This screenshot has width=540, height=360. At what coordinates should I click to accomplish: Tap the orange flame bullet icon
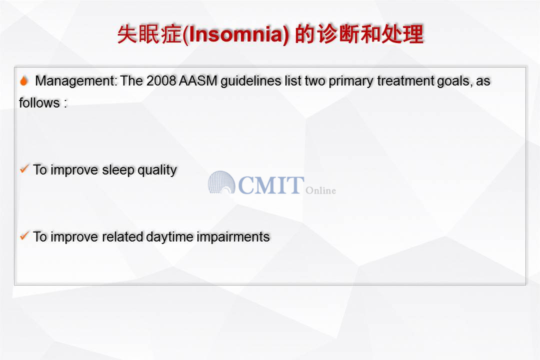24,80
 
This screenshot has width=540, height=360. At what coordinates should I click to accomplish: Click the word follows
39,102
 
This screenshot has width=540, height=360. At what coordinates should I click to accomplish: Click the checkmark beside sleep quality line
24,169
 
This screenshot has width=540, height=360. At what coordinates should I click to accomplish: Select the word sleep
118,170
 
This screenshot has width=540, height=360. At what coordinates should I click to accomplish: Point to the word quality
157,170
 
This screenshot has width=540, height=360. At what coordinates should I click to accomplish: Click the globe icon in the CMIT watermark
221,182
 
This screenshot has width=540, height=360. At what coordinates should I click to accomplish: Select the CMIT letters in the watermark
271,185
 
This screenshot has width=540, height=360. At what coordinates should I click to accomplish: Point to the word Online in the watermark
320,190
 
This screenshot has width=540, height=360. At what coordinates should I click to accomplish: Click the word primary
351,81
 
